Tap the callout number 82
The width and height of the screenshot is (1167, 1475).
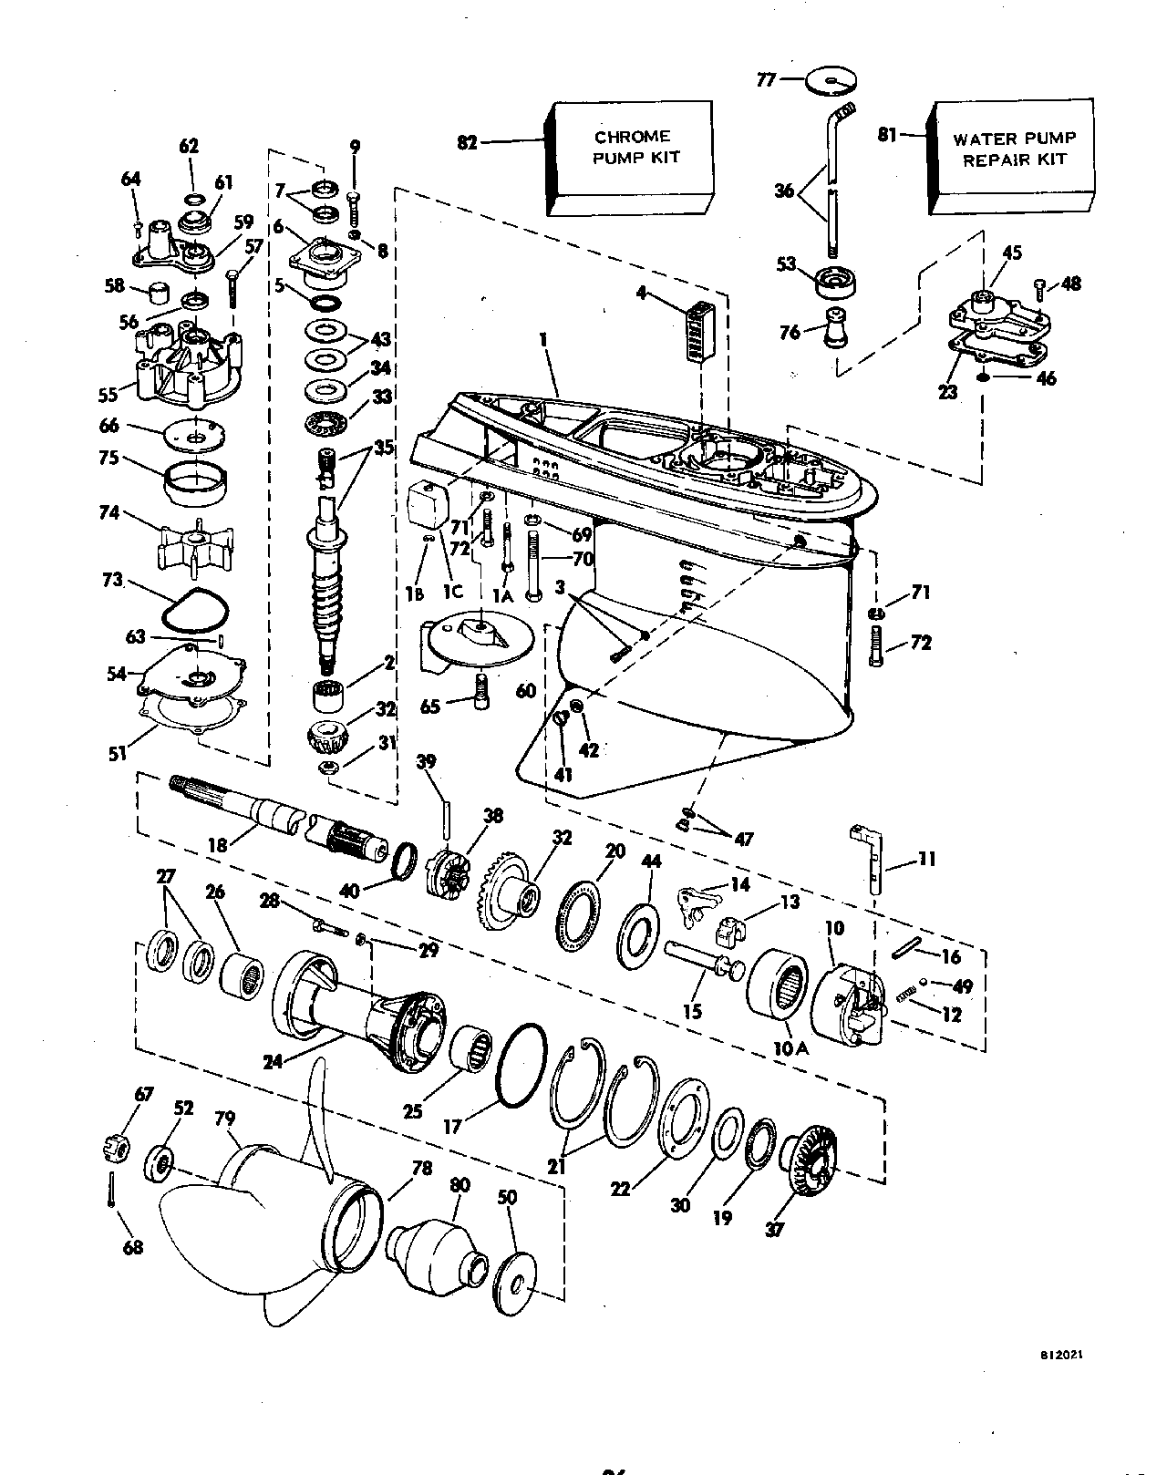[467, 142]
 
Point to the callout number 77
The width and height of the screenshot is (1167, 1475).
[766, 80]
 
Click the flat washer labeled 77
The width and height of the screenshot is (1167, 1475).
[831, 80]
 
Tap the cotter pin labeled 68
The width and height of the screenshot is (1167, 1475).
[111, 1190]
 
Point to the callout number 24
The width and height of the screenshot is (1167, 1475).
[273, 1062]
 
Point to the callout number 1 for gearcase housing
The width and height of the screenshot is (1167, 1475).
[543, 338]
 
